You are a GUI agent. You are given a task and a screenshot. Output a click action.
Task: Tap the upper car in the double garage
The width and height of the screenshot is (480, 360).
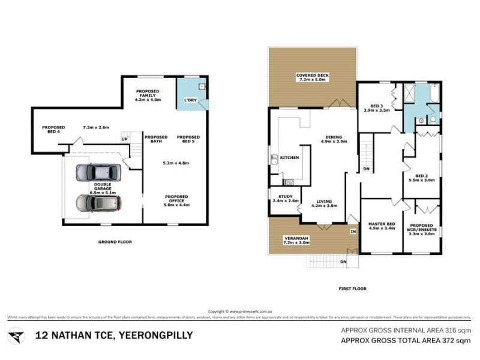(x=98, y=174)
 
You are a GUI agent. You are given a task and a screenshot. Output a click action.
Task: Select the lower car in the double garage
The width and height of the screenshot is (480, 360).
(x=98, y=203)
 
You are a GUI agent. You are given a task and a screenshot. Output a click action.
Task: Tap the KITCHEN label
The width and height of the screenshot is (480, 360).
(x=290, y=158)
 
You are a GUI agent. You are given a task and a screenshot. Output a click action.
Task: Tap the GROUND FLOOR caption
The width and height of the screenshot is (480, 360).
(x=115, y=242)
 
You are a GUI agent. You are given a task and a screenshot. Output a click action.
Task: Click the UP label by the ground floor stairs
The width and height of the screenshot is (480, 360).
(x=125, y=140)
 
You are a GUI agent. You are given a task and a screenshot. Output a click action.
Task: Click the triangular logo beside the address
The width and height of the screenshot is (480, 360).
(x=17, y=335)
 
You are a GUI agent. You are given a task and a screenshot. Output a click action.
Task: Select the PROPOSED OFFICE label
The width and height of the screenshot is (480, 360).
(x=176, y=199)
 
